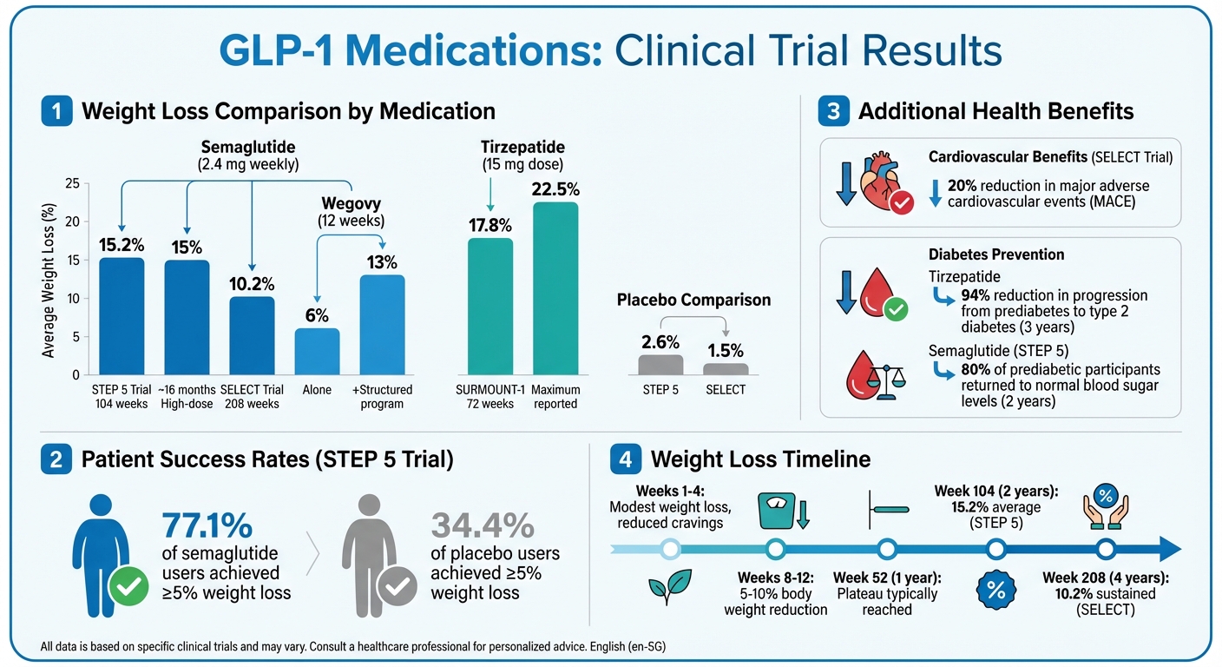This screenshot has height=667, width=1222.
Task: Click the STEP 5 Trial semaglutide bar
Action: coord(122,316)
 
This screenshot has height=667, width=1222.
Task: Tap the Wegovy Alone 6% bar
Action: coord(317,351)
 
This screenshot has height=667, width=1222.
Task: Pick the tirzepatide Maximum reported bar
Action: coord(555,287)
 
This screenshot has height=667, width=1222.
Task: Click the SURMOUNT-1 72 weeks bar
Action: coord(490,306)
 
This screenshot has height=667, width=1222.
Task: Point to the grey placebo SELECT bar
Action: coord(726,369)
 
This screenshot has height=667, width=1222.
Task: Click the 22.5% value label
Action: coord(555,190)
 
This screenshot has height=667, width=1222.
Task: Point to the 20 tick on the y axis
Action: coord(72,221)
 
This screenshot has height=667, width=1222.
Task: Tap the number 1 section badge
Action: coord(56,111)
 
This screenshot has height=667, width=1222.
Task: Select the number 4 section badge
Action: coord(627,459)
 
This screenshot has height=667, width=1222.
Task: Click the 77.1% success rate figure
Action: coord(207,525)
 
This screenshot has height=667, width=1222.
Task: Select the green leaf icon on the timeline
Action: coord(669,587)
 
